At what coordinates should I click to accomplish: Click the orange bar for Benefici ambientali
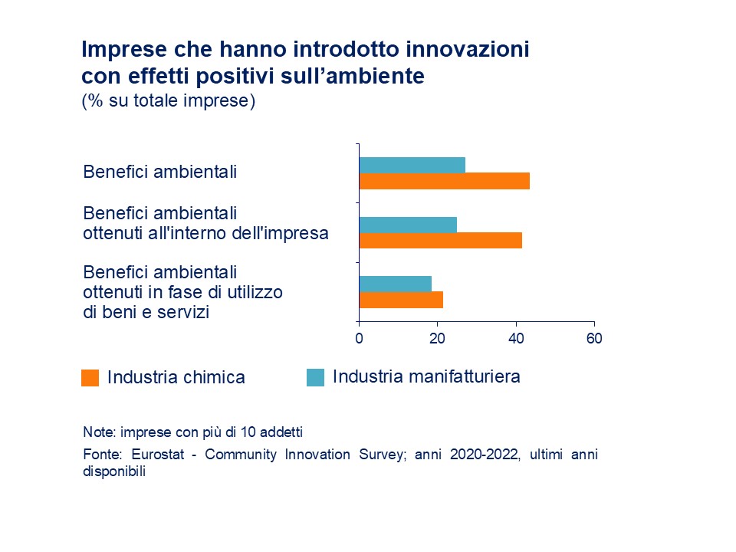click(x=444, y=181)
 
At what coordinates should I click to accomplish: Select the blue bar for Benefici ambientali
click(x=412, y=165)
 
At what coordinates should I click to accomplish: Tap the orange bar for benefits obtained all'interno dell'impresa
click(x=440, y=241)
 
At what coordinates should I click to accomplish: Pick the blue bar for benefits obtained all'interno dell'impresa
click(x=408, y=225)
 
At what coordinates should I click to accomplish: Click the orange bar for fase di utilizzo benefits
click(x=401, y=300)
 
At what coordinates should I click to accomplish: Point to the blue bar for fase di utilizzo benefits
click(x=395, y=284)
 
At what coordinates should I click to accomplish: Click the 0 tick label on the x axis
click(x=359, y=338)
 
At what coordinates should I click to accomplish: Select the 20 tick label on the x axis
click(x=437, y=338)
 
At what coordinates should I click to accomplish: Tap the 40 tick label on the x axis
click(x=516, y=338)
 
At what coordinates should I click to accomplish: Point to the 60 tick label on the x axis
click(x=594, y=338)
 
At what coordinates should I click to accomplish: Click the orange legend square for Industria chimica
click(x=90, y=378)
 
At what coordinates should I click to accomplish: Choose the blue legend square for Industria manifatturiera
click(x=315, y=377)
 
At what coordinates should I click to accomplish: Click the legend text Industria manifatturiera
click(x=426, y=376)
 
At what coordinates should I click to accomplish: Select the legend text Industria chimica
click(x=176, y=377)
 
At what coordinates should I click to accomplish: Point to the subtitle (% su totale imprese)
click(x=168, y=101)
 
